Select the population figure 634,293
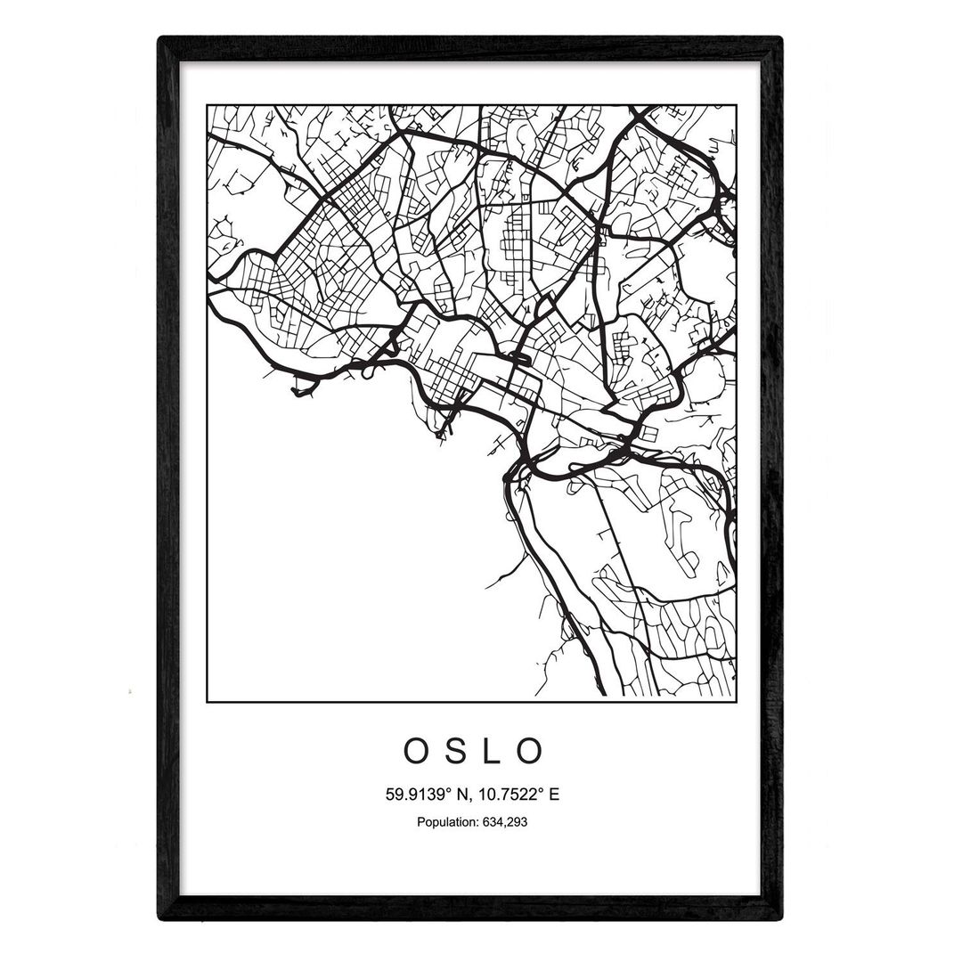tap(503, 822)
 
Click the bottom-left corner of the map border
tap(208, 701)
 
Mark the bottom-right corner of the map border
tap(736, 701)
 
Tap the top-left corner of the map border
tap(208, 105)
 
